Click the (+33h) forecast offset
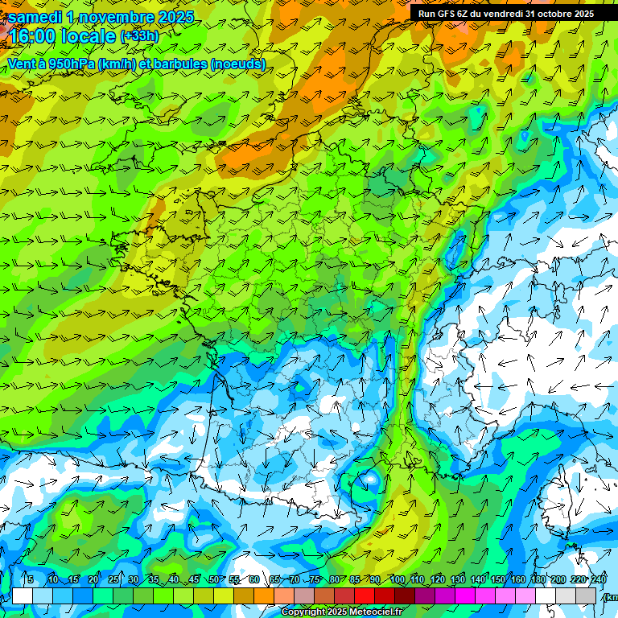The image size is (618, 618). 139,36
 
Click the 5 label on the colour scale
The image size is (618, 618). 31,580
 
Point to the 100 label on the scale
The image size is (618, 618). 397,580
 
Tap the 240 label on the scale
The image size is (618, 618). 599,580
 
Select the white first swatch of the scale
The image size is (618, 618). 23,595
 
